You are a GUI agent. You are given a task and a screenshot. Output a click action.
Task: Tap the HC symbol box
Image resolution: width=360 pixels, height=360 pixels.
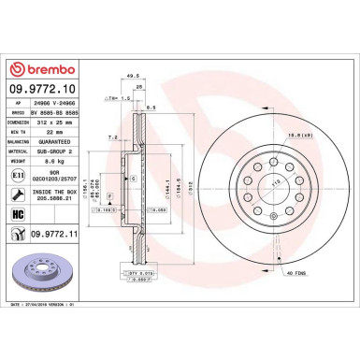19,215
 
